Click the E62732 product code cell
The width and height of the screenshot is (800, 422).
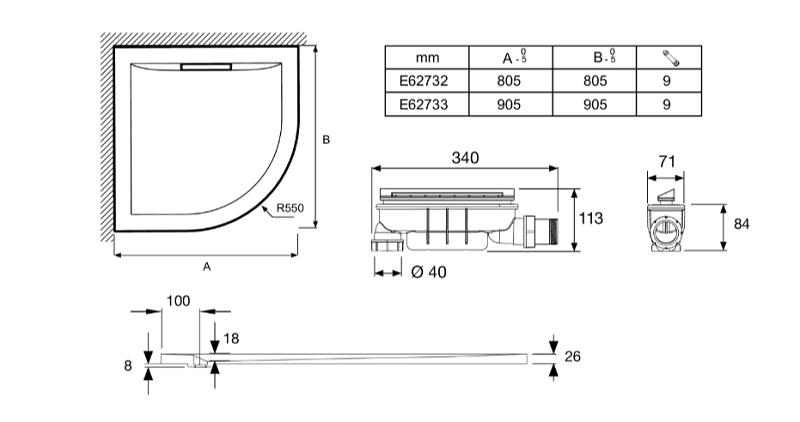[423, 81]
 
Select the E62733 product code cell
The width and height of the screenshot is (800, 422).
[423, 104]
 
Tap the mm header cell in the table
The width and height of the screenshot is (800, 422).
[427, 58]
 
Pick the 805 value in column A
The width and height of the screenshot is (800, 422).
[509, 81]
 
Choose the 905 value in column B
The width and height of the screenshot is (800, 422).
[595, 104]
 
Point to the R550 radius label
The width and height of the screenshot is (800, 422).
[290, 208]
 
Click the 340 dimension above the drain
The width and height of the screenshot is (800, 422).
[465, 158]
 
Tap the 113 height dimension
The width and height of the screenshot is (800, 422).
[591, 218]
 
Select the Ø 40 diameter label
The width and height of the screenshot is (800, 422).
[429, 272]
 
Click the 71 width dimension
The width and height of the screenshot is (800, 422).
[666, 161]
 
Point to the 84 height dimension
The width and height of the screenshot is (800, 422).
[741, 224]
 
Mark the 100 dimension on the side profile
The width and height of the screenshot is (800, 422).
[178, 301]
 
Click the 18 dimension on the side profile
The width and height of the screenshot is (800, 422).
[231, 338]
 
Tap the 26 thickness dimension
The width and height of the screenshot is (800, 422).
[572, 356]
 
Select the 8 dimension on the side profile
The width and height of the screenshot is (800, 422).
[128, 365]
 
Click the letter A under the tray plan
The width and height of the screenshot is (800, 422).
[207, 266]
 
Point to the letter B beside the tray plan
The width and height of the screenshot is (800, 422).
[326, 139]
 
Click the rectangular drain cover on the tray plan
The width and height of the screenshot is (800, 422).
[206, 66]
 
